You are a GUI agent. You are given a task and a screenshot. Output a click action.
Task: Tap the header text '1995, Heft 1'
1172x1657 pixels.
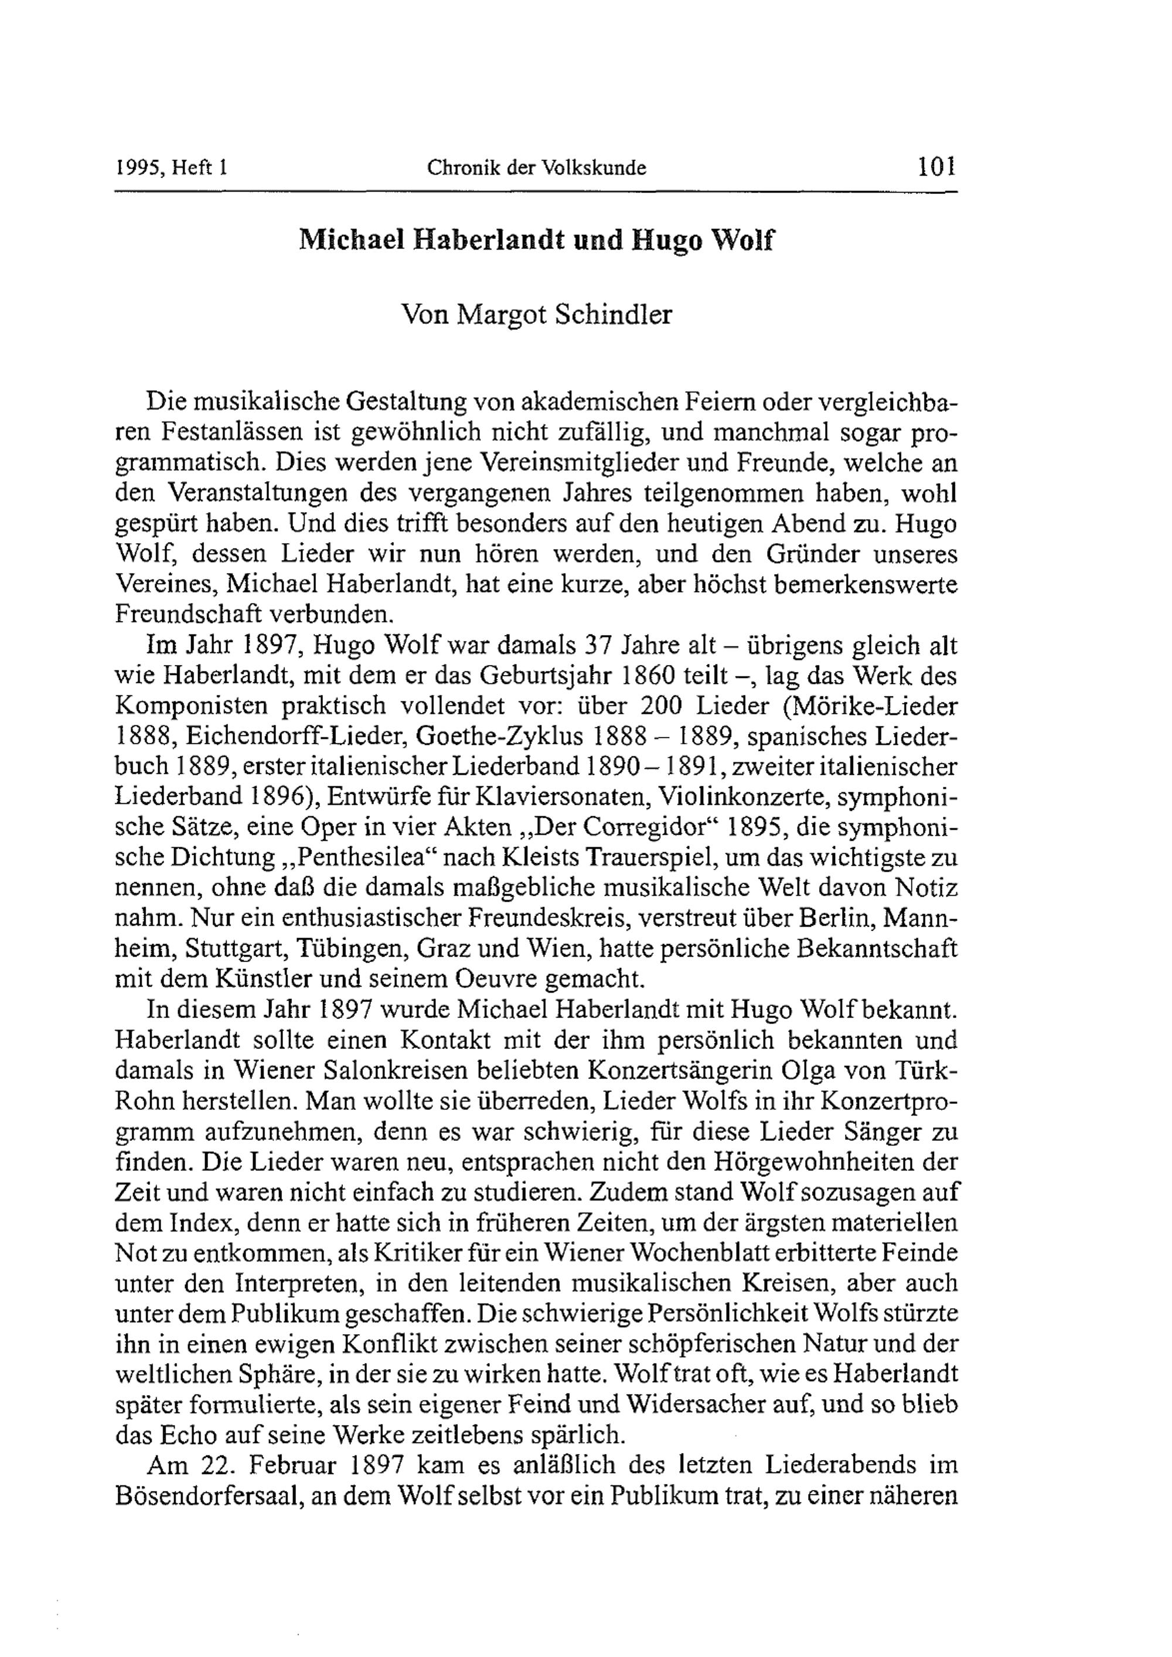click(172, 168)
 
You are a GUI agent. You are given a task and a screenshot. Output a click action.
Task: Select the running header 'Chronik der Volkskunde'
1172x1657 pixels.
click(536, 168)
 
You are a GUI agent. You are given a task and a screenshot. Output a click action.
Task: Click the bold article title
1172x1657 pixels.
click(536, 240)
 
